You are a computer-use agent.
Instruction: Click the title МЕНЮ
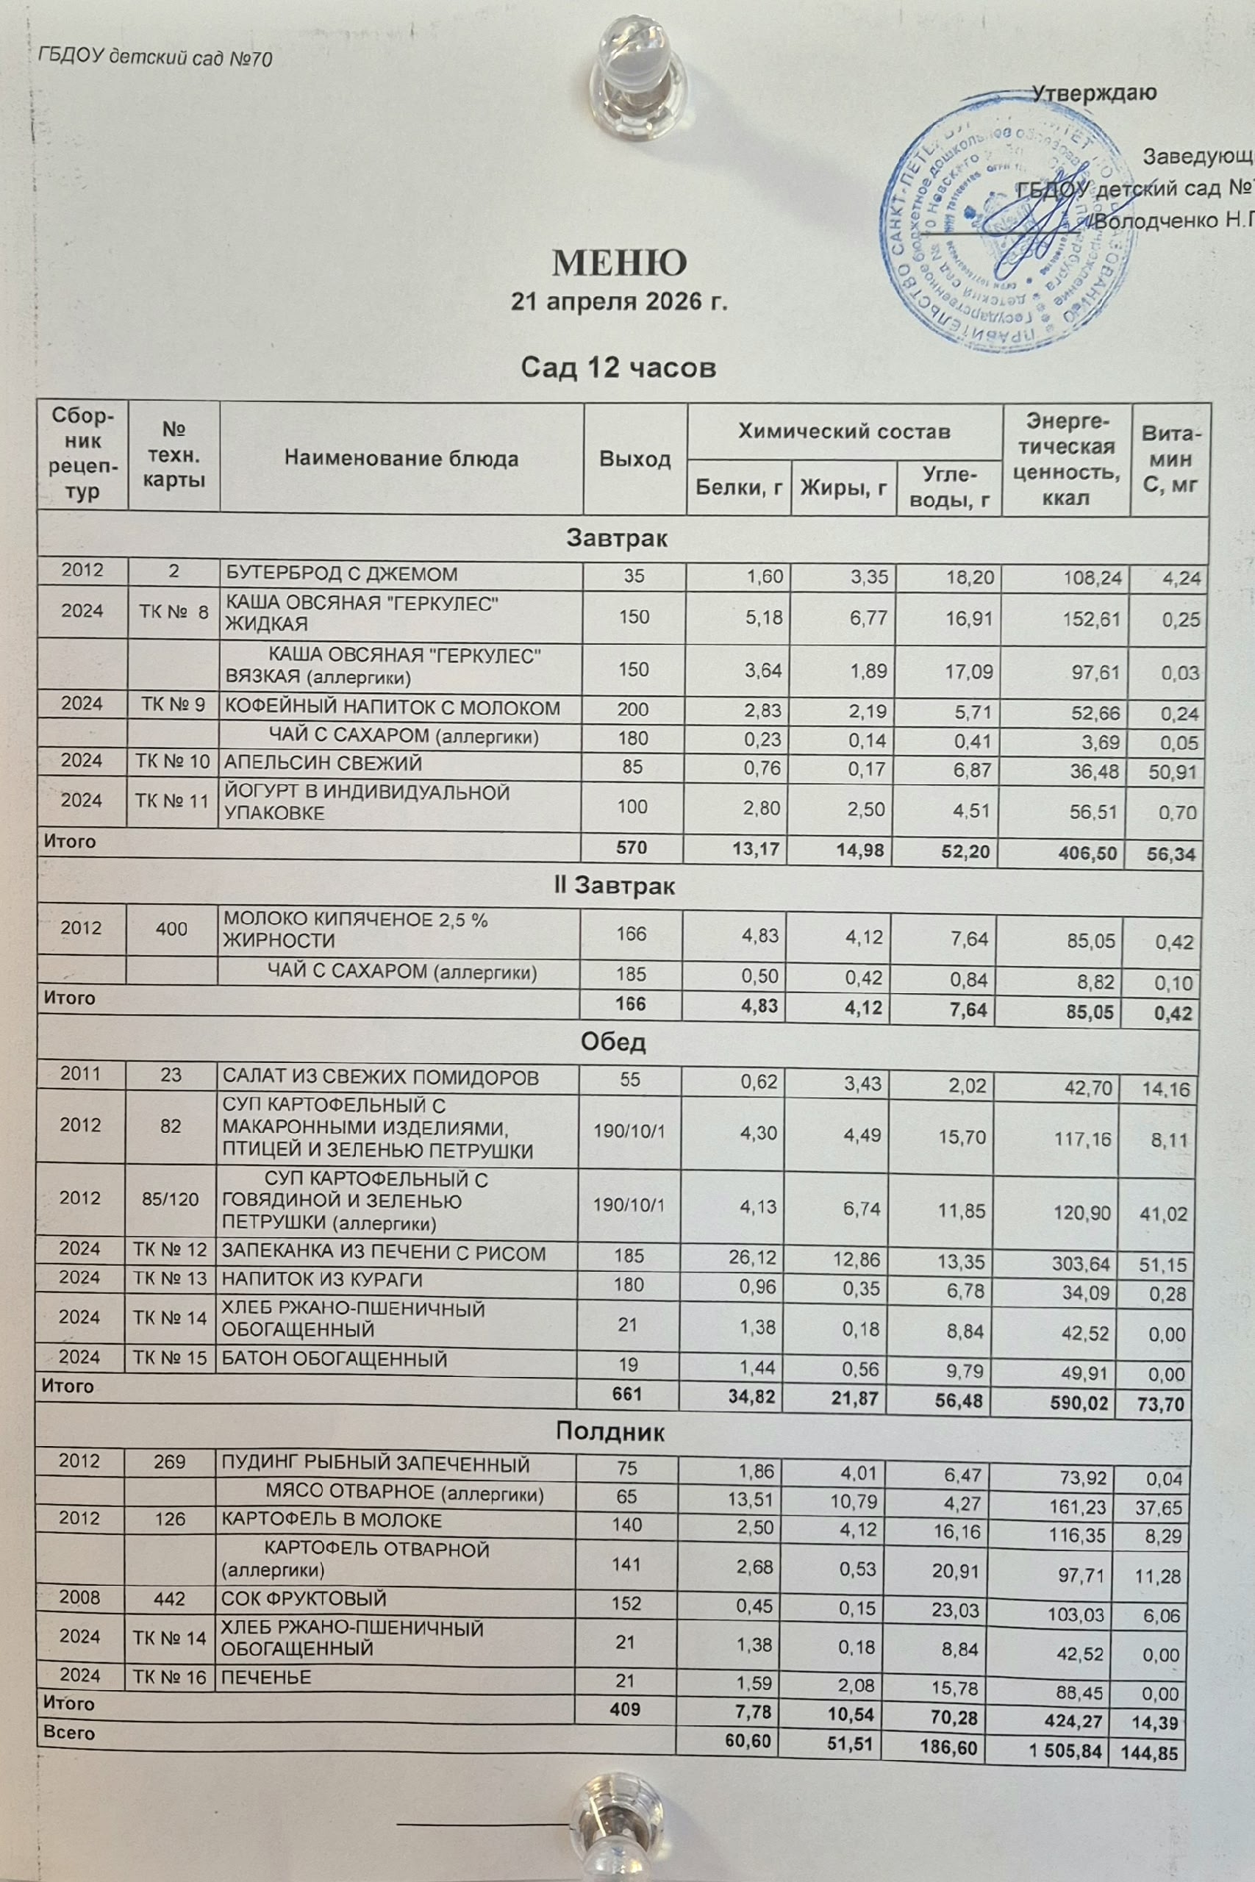tap(619, 262)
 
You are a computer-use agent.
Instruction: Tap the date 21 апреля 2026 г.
tap(619, 302)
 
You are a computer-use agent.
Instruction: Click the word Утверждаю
tap(1093, 93)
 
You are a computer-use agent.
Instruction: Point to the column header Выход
tap(634, 459)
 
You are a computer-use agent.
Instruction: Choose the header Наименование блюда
tap(401, 459)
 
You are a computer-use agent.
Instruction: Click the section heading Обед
tap(612, 1042)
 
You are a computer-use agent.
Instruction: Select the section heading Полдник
tap(610, 1431)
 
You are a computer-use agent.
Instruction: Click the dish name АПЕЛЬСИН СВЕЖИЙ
tap(323, 763)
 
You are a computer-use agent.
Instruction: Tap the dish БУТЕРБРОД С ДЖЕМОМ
tap(341, 573)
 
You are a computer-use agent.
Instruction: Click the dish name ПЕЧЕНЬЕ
tap(265, 1677)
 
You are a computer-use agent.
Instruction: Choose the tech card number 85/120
tap(170, 1198)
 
